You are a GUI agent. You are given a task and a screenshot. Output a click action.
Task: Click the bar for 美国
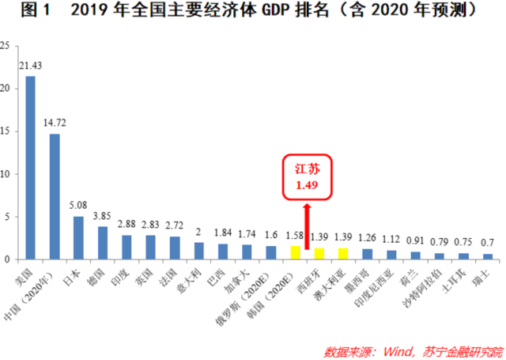click(30, 168)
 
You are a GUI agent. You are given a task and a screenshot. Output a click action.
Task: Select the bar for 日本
click(78, 237)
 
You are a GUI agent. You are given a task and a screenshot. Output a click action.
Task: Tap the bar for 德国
click(103, 243)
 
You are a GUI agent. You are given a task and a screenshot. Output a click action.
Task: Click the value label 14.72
click(54, 123)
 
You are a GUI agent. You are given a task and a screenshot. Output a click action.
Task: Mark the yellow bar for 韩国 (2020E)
click(295, 252)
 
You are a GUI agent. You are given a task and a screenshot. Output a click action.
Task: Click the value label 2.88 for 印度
click(126, 225)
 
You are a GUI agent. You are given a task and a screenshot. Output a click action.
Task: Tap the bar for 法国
click(175, 248)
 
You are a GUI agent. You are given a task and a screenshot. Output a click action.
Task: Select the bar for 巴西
click(223, 251)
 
